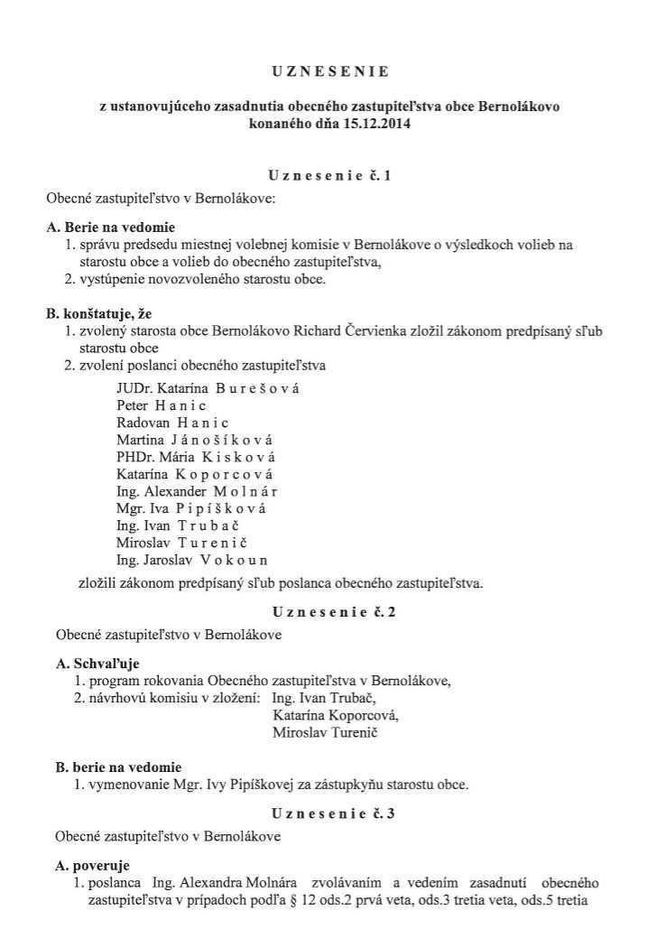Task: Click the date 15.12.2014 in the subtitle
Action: (x=376, y=124)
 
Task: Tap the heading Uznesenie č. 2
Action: (x=328, y=611)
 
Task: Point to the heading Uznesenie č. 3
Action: (x=328, y=813)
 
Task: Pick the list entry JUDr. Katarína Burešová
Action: (x=208, y=388)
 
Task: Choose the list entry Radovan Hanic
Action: (x=172, y=423)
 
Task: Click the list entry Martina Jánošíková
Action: (x=195, y=440)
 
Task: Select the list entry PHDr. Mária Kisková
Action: (x=196, y=457)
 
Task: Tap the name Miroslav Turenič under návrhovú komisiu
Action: (x=324, y=732)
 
